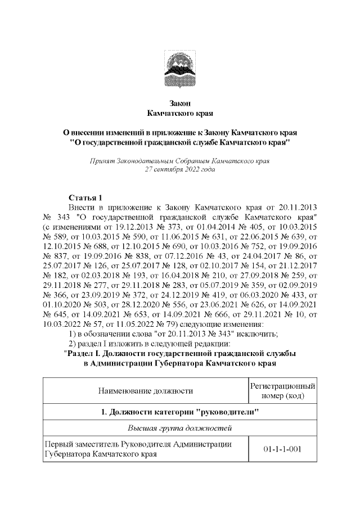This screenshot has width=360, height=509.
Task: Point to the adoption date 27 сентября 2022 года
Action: [x=179, y=169]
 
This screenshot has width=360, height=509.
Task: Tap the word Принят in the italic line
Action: [x=101, y=160]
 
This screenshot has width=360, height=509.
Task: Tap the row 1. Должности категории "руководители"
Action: [x=179, y=412]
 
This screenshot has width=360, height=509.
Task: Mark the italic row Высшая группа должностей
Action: [x=179, y=429]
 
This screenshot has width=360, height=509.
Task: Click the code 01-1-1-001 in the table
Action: [x=281, y=449]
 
